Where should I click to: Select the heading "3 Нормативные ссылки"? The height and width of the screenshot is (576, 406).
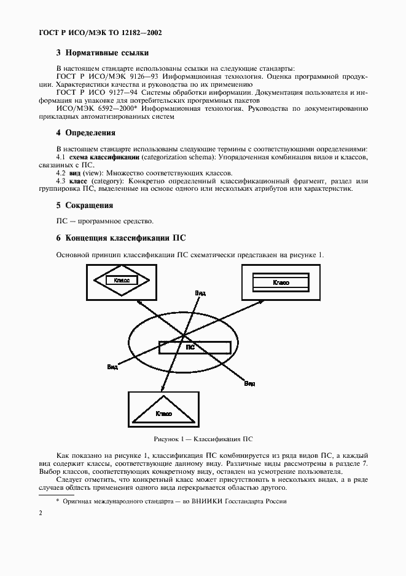103,53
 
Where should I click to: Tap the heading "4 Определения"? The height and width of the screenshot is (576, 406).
85,132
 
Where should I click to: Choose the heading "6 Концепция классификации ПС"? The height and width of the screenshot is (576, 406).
120,238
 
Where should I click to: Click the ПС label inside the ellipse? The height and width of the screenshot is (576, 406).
190,347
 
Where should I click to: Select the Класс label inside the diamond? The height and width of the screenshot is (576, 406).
121,280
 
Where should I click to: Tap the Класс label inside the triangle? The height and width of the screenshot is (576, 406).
163,414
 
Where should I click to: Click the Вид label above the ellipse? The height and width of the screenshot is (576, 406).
200,293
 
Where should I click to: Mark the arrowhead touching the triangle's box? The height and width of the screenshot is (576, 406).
162,389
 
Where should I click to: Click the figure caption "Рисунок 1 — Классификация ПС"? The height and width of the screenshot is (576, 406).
203,439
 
